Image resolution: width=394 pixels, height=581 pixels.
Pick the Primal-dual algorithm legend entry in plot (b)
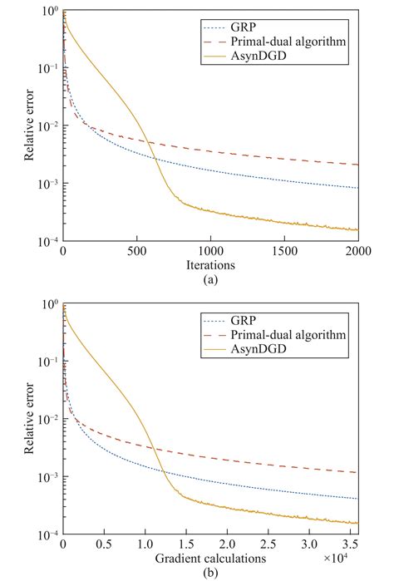[294, 333]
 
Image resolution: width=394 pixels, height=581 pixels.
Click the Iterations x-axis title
[210, 266]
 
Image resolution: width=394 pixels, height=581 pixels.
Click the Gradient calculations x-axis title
[210, 559]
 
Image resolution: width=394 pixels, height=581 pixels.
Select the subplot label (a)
[210, 281]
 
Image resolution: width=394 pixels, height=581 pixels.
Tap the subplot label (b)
[210, 574]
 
